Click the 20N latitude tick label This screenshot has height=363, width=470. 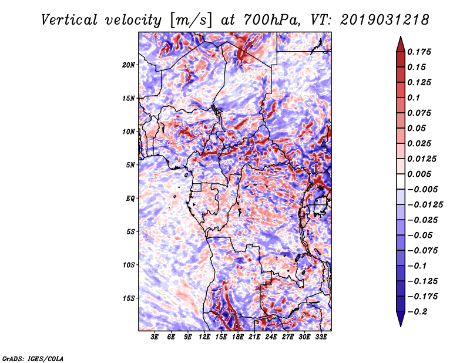[x=129, y=65]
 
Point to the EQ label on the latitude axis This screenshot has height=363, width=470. [x=130, y=198]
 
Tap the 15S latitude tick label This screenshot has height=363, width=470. [x=129, y=298]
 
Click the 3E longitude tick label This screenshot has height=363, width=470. [x=155, y=337]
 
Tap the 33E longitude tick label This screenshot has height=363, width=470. [x=321, y=337]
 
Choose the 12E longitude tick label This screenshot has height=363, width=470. [x=204, y=337]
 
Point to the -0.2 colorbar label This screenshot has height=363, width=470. [x=418, y=312]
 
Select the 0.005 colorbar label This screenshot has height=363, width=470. [x=421, y=174]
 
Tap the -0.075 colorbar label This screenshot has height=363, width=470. [x=422, y=251]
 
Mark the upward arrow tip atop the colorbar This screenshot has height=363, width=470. [x=400, y=38]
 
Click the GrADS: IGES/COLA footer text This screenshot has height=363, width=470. [x=32, y=358]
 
